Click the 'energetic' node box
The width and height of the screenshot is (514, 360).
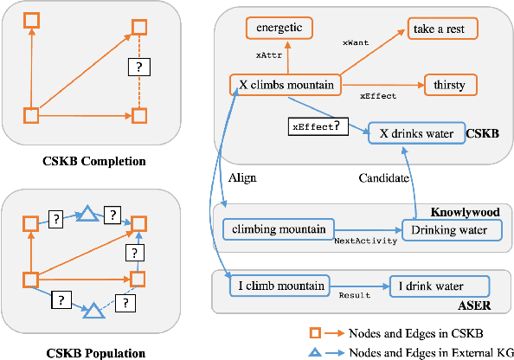click(279, 28)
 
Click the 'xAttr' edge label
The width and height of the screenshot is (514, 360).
click(267, 55)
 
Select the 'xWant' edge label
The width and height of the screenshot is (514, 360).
click(356, 41)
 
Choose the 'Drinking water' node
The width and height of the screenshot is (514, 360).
click(450, 230)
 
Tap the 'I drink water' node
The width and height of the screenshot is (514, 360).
click(437, 284)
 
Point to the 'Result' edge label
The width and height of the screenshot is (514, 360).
click(354, 296)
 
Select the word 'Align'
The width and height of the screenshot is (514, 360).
click(241, 177)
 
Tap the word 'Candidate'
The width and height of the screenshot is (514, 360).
click(382, 177)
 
